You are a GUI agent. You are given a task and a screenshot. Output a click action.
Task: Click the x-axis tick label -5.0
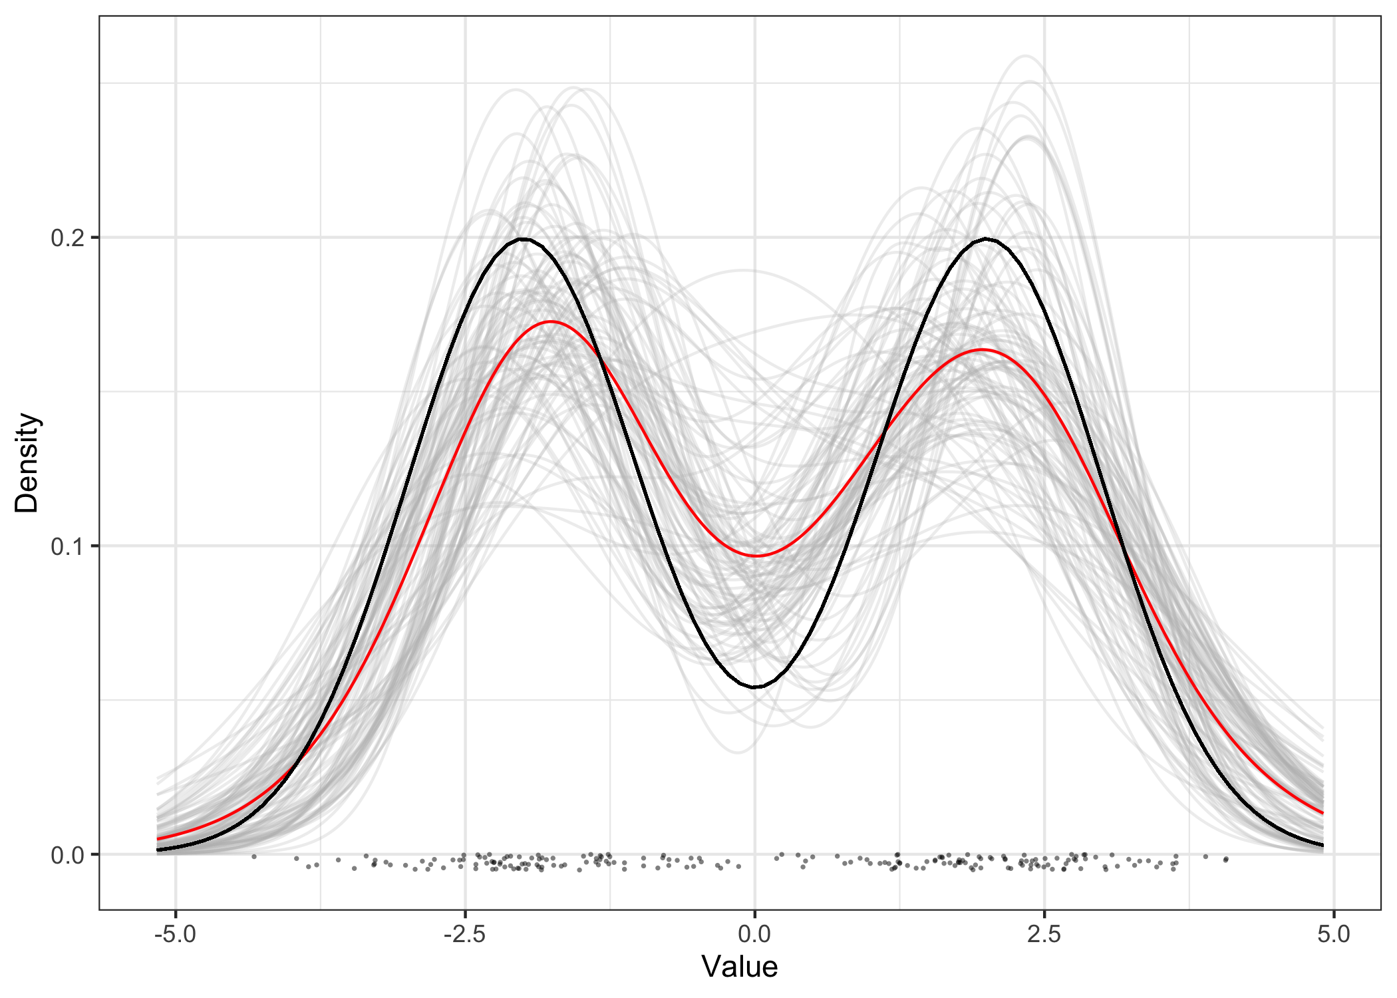click(175, 934)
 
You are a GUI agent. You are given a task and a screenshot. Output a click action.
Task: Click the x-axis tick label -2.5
click(464, 934)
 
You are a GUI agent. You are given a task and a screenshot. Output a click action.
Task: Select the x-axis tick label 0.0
click(754, 934)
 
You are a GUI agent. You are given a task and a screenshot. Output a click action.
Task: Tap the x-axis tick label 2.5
click(1044, 934)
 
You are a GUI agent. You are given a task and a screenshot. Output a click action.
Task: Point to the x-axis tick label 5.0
click(1333, 934)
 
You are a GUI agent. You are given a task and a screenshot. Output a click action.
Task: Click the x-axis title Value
click(739, 967)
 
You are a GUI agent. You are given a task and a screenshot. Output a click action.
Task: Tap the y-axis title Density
click(27, 462)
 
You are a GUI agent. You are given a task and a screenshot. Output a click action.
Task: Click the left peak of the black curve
click(524, 239)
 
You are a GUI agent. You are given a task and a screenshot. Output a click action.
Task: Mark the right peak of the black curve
click(986, 239)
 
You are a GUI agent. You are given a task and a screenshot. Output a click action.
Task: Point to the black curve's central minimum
click(755, 687)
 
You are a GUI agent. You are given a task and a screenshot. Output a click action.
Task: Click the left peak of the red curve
click(551, 321)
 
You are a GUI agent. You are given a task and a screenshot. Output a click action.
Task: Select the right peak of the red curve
click(982, 349)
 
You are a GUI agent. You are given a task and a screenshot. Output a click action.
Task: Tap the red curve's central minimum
click(756, 556)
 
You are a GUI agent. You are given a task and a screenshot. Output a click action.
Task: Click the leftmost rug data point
click(253, 856)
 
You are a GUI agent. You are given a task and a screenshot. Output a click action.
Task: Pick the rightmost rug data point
click(1225, 860)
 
